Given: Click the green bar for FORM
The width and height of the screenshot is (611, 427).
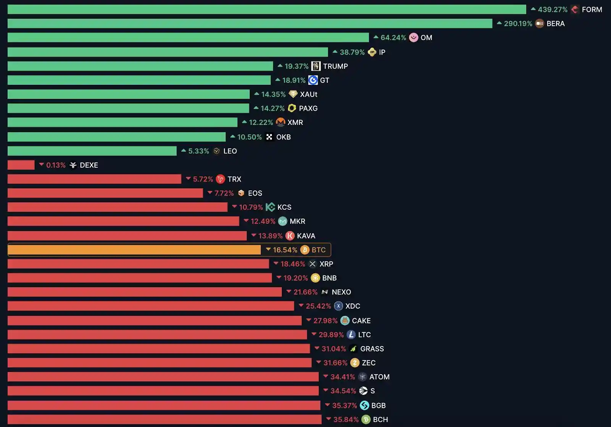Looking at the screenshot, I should (267, 10).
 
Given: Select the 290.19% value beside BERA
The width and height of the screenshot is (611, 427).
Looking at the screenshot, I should (518, 24).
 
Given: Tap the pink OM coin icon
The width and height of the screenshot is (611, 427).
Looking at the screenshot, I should (414, 37).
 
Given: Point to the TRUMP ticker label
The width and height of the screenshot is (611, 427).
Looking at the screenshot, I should (335, 66).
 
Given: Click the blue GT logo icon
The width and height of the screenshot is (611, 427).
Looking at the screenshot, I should (313, 80).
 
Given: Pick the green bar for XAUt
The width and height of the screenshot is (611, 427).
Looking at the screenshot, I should (128, 94).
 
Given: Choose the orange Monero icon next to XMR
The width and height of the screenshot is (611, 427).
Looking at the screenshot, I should (281, 122).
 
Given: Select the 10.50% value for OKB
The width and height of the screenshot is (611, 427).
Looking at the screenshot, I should (249, 137).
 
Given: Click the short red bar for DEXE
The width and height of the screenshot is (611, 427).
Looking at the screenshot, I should (21, 165).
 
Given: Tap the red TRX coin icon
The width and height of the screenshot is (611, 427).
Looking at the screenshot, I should (220, 179).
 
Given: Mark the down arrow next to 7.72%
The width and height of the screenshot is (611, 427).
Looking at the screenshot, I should (210, 193).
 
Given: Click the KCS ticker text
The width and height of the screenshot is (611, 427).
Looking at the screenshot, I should (284, 207).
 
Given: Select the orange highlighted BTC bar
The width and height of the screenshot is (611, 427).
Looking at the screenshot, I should (134, 250).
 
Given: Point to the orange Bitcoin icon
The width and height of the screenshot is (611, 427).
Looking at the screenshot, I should (305, 250).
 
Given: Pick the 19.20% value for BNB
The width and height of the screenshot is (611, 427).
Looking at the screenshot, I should (295, 278).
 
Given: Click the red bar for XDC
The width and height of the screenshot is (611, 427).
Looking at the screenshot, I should (150, 306).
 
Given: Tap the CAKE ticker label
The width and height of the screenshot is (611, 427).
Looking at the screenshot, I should (361, 321).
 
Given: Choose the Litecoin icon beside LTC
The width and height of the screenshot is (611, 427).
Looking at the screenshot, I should (351, 335).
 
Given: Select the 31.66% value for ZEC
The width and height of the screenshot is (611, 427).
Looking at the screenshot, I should (335, 363).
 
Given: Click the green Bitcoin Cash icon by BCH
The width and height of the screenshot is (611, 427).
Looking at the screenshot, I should (366, 419).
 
